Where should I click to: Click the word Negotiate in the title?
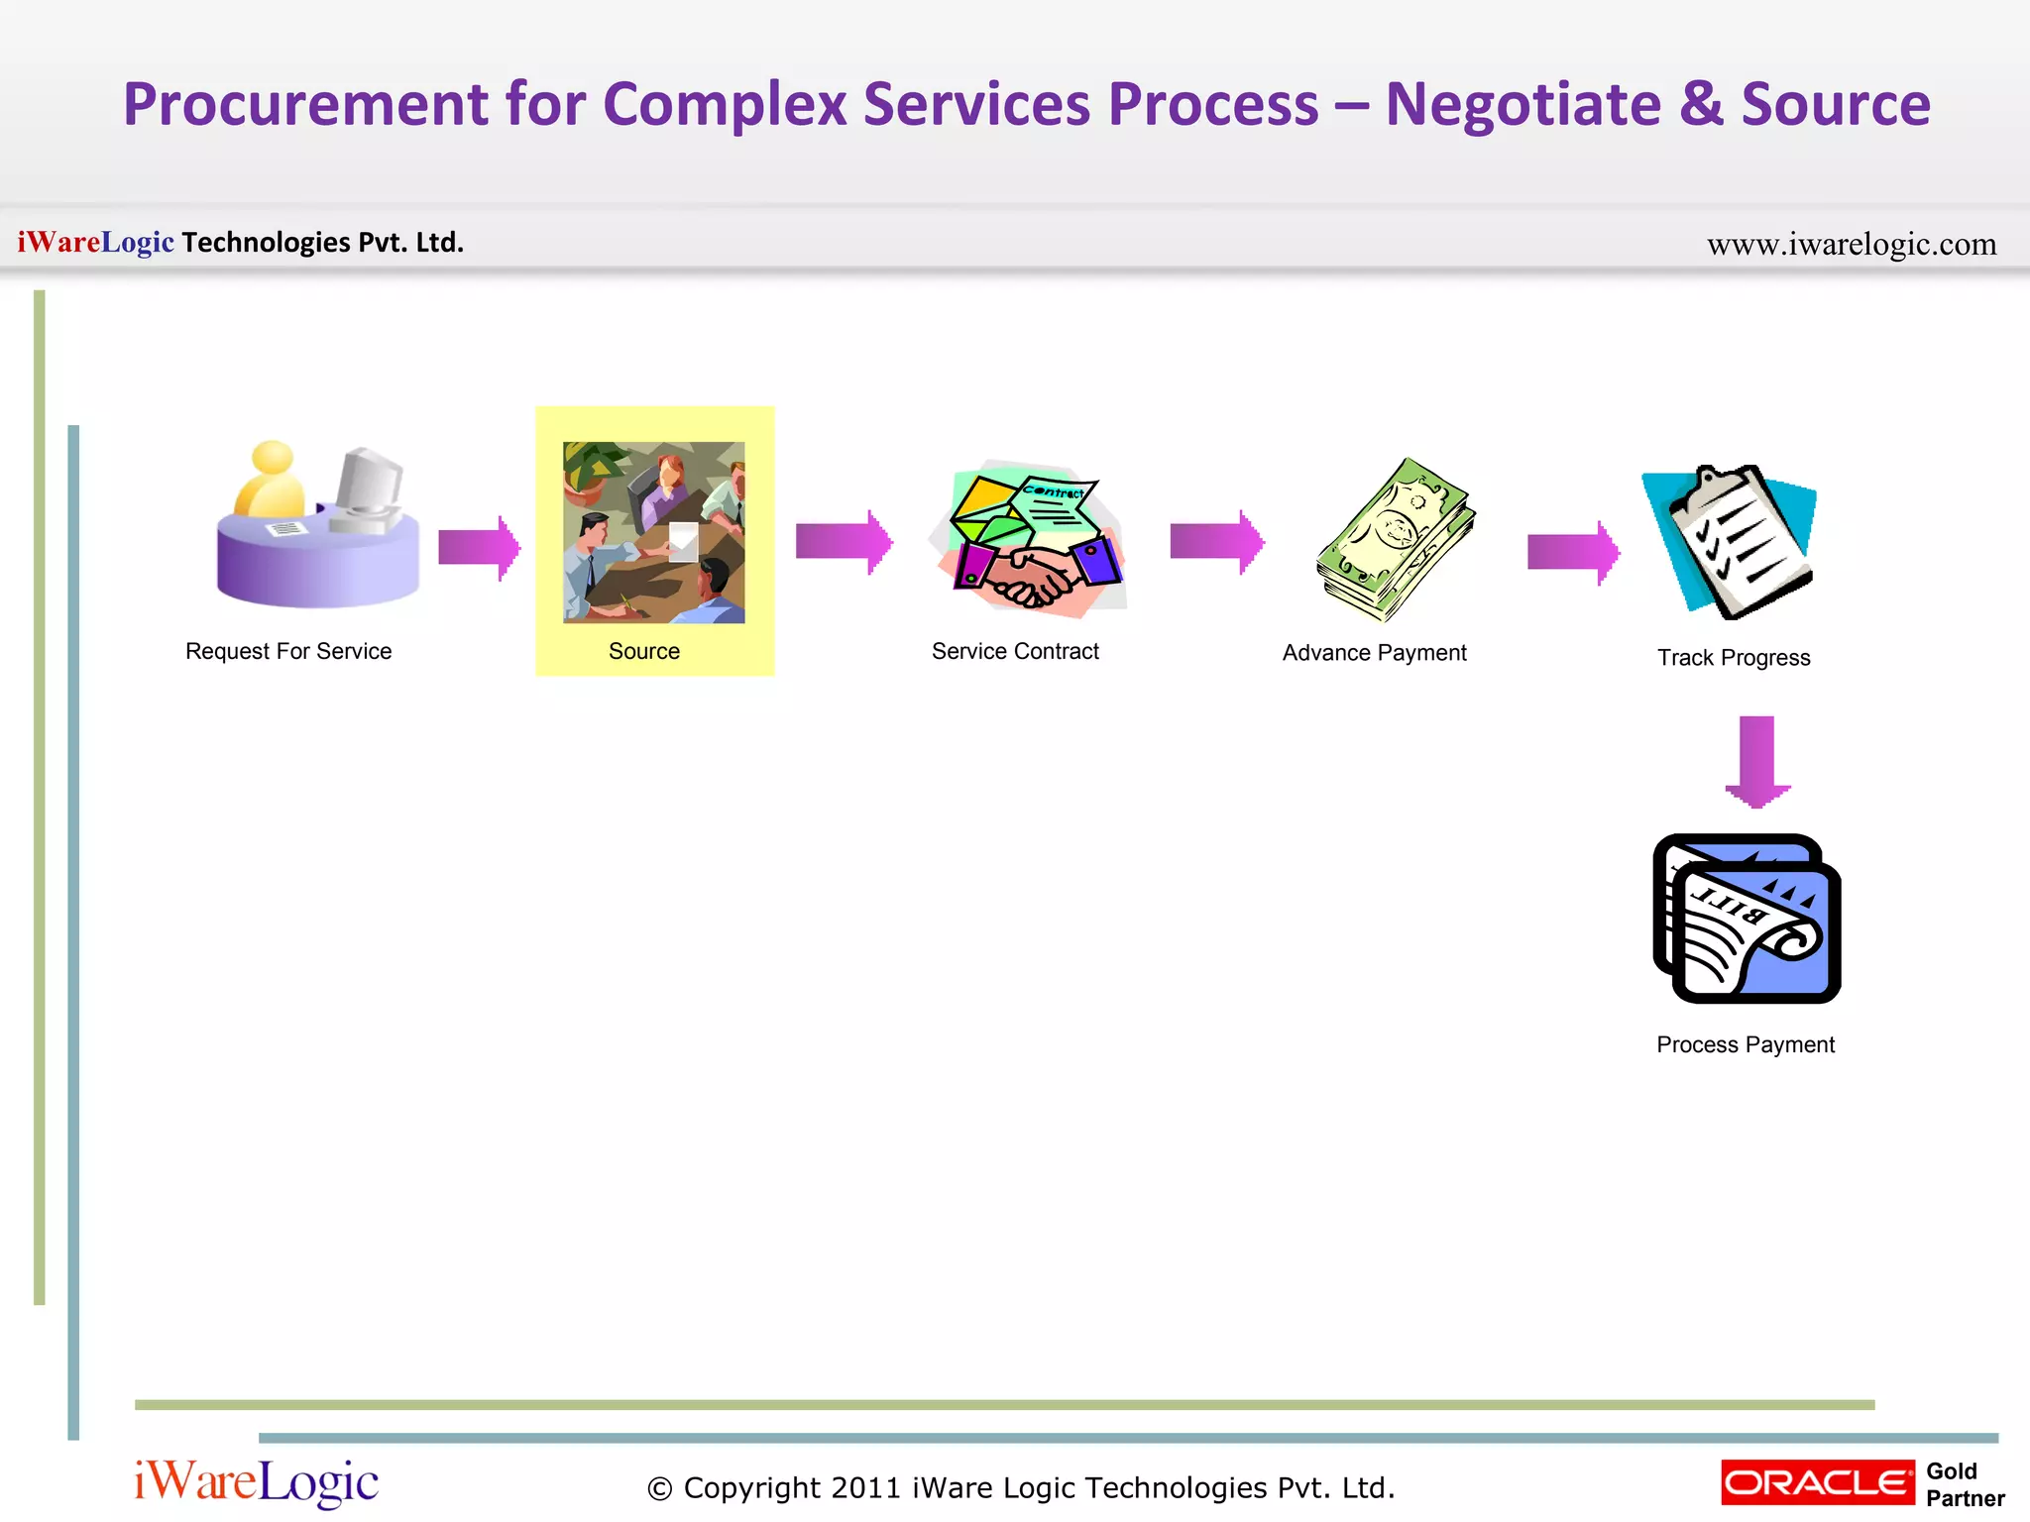point(1522,105)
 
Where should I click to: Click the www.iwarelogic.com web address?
point(1851,244)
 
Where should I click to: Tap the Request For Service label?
point(288,651)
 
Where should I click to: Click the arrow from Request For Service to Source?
point(479,546)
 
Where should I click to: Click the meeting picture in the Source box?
point(653,532)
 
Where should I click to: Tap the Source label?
point(643,651)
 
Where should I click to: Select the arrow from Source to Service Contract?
point(844,541)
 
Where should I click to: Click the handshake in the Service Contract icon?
point(1031,580)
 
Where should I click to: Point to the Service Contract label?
point(1015,651)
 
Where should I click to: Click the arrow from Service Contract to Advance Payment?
point(1216,541)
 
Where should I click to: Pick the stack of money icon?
point(1396,540)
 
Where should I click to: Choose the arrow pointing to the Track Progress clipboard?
point(1573,552)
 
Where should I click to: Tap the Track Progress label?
point(1734,658)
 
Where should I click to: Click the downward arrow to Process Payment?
point(1756,760)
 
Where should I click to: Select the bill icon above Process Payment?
point(1747,919)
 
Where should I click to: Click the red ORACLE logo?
point(1817,1482)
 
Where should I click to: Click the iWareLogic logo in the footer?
point(256,1482)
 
